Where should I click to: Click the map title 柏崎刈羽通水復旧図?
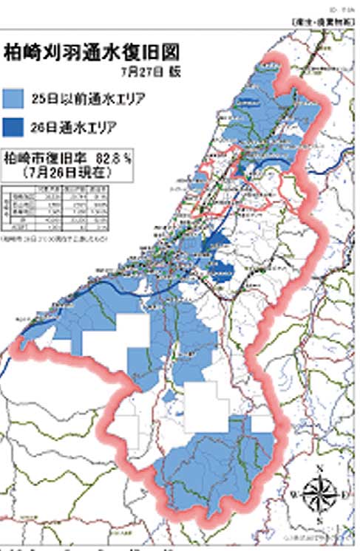tap(92, 52)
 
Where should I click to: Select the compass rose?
tap(319, 491)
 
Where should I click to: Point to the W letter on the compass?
tap(295, 493)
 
